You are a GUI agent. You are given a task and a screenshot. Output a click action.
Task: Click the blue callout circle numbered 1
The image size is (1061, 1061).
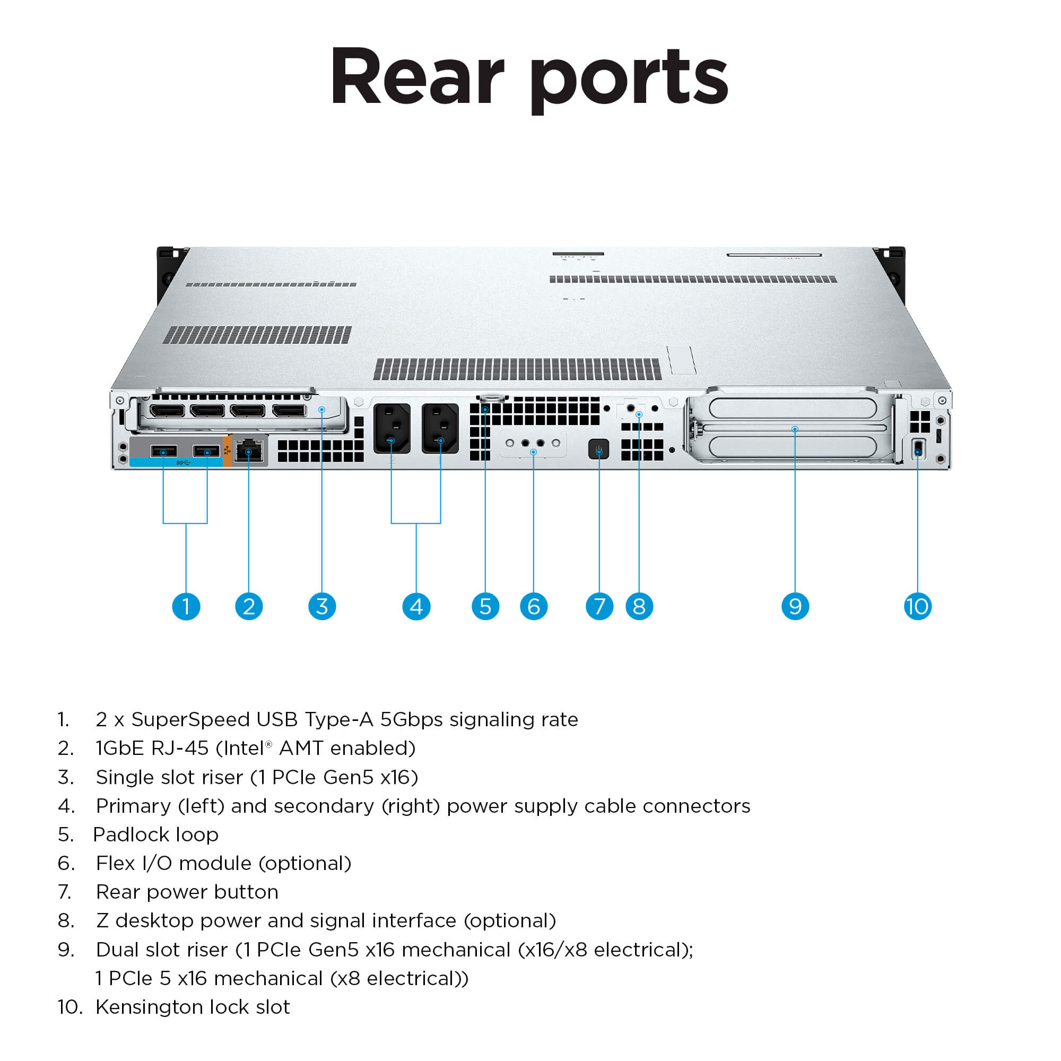coord(186,606)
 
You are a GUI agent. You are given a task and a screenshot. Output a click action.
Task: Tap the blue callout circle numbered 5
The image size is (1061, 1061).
coord(485,606)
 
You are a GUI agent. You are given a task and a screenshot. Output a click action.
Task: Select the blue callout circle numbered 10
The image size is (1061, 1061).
coord(917,606)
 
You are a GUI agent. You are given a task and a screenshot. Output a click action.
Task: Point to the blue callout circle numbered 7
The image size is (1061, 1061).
coord(599,606)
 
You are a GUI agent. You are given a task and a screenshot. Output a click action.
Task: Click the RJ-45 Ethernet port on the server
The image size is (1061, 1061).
coord(249,451)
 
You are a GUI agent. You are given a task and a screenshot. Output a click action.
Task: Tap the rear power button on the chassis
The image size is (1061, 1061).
coord(598,449)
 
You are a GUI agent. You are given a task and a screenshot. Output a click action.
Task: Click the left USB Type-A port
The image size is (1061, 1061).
coord(163,451)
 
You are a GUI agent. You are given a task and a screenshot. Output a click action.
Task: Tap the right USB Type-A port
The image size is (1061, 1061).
coord(206,451)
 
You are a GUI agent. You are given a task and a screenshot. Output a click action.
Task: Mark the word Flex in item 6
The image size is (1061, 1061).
coord(115,863)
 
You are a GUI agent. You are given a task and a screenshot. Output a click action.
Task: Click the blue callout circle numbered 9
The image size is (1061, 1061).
coord(795,606)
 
